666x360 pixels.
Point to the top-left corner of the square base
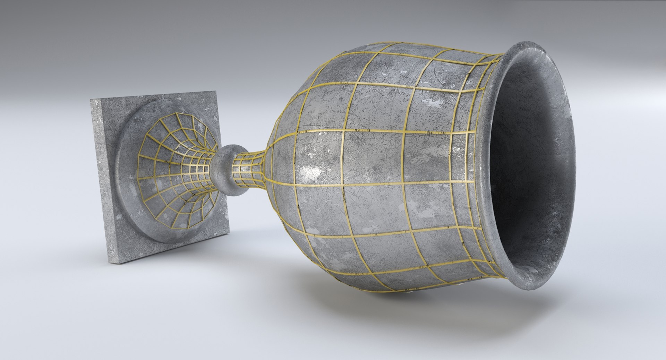click(x=91, y=100)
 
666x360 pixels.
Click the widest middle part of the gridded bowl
click(x=364, y=163)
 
